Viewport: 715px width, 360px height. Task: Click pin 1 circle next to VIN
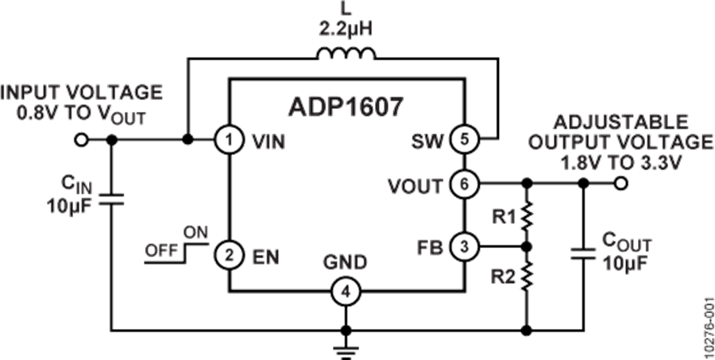(229, 141)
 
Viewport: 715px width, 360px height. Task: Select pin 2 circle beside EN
(229, 256)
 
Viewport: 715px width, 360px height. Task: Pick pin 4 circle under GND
(345, 292)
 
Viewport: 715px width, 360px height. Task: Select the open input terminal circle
(80, 141)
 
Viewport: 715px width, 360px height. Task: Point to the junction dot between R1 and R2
(524, 248)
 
